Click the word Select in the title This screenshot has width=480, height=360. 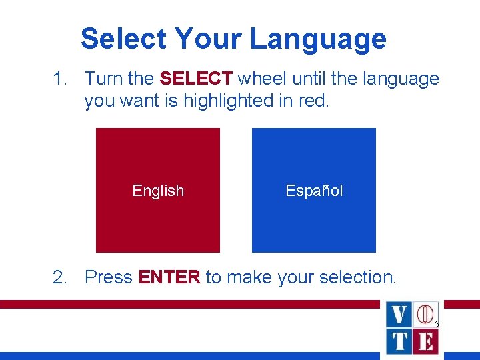coord(123,39)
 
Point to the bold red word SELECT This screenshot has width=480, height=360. coord(196,79)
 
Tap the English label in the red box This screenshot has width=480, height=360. coord(158,191)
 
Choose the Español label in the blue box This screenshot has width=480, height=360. coord(314,191)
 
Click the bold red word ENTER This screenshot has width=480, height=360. coord(169,277)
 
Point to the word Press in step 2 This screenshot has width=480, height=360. coord(109,277)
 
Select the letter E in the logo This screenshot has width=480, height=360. coord(425,341)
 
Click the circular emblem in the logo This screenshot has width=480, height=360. coord(425,314)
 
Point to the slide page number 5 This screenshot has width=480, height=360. coord(437,324)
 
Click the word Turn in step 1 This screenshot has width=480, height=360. coord(103,79)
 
